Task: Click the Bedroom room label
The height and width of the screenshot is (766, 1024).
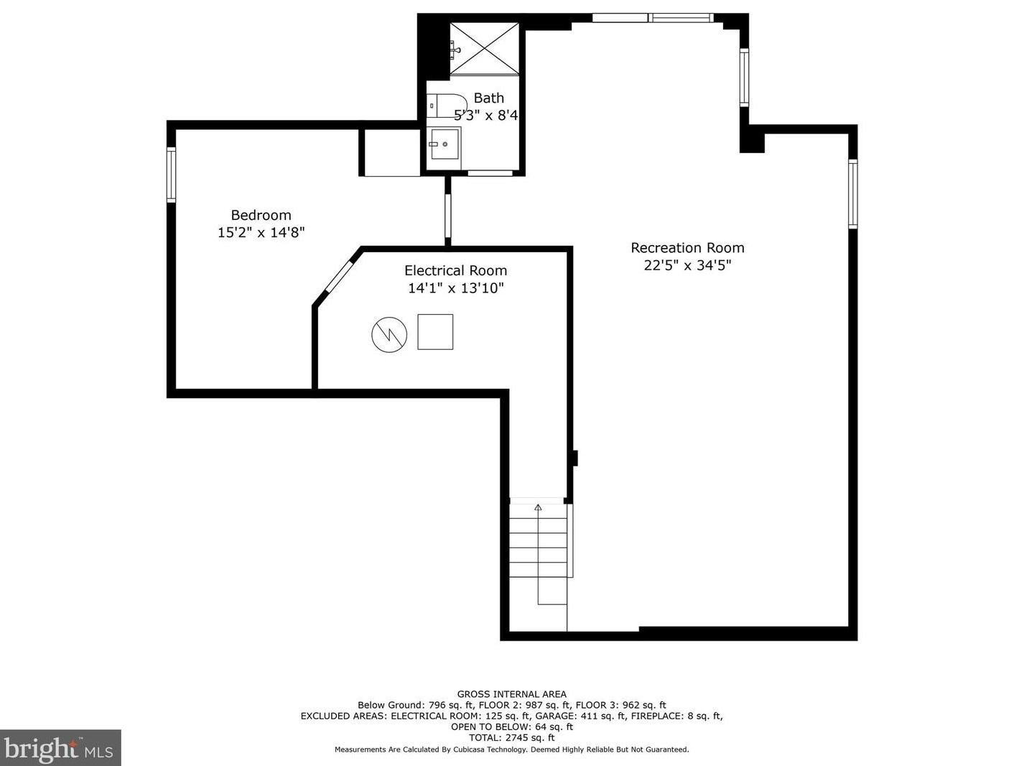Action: (261, 215)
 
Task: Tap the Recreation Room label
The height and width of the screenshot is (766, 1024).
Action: (687, 248)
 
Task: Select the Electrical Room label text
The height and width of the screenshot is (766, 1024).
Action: (455, 271)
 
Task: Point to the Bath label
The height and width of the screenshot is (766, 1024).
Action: (489, 98)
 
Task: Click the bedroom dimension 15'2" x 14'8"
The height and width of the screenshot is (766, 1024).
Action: (261, 233)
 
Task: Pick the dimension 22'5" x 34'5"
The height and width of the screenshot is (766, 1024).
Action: (687, 266)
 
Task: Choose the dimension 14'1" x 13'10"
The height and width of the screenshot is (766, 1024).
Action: (456, 288)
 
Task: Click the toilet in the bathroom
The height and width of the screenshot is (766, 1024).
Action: (447, 106)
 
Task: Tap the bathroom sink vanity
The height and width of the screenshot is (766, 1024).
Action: (444, 144)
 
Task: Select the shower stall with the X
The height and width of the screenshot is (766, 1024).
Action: (484, 49)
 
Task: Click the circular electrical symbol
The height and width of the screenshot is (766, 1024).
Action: (389, 335)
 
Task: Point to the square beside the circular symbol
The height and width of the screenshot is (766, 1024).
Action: (435, 332)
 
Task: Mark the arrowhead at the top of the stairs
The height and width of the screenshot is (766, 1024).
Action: (538, 507)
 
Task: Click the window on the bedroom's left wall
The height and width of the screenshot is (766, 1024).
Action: (171, 175)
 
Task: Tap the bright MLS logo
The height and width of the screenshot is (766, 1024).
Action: (60, 748)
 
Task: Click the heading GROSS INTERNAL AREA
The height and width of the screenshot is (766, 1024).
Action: (512, 694)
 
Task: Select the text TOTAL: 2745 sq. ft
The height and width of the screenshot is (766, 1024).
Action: (512, 737)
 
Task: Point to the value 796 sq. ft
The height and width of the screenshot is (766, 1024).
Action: (452, 705)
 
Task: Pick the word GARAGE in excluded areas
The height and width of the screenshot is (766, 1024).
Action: (553, 716)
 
